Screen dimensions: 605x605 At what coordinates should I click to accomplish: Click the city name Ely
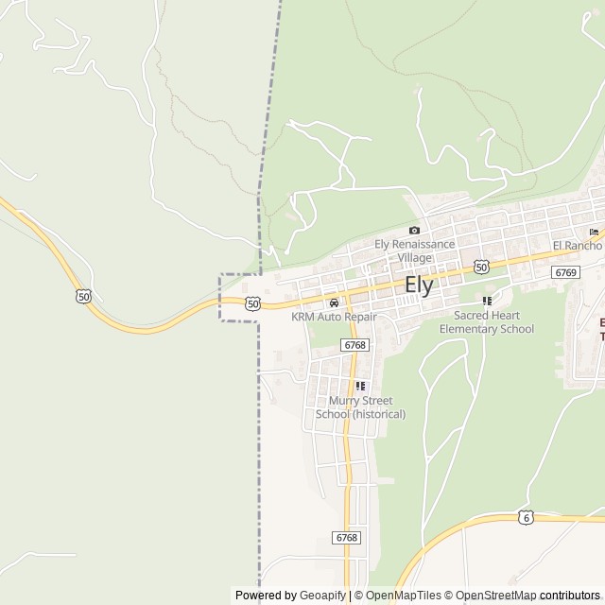point(419,285)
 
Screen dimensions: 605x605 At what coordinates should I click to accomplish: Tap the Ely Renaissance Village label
point(414,250)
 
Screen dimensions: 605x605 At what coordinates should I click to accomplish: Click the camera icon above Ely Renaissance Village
point(414,230)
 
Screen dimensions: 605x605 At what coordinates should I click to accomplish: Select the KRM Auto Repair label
point(334,317)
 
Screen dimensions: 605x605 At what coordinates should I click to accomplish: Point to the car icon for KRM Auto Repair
point(334,302)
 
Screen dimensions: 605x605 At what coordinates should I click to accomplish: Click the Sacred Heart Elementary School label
point(493,321)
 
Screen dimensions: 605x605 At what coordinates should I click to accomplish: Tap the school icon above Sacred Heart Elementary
point(488,301)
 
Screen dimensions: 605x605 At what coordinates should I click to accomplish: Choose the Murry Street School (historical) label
point(360,407)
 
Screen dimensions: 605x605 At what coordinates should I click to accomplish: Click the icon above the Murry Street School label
point(360,386)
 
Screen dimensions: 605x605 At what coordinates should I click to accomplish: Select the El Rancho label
point(578,245)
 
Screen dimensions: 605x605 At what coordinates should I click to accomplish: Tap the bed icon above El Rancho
point(594,232)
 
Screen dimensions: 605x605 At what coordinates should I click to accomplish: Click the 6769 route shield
point(565,272)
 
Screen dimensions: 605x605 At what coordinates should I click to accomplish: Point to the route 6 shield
point(526,517)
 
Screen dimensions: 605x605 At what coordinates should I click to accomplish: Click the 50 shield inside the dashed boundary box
point(251,302)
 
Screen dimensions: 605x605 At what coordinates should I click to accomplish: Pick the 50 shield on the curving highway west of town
point(84,297)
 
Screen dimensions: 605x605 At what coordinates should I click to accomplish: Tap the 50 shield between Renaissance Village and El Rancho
point(481,268)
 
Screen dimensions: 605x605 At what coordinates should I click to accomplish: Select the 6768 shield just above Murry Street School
point(355,345)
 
